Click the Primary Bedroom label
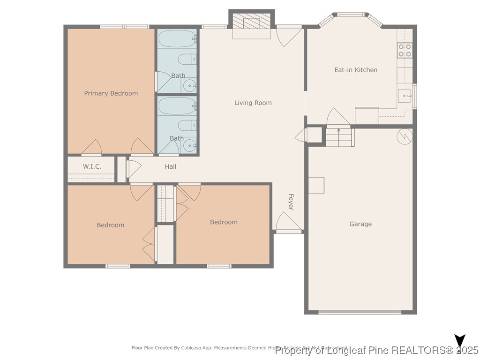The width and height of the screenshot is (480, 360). (111, 93)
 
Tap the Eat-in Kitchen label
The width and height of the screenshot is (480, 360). (355, 70)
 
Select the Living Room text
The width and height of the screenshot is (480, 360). (253, 103)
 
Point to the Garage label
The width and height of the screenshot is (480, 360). (360, 224)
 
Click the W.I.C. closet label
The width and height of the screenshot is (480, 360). (92, 166)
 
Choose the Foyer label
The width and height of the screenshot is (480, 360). (291, 202)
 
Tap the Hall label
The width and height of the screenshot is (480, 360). (171, 166)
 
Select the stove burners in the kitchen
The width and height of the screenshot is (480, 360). (405, 50)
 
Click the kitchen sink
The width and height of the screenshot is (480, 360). (404, 95)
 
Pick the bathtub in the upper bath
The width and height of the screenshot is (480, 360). (177, 39)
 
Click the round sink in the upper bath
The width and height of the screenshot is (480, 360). (189, 85)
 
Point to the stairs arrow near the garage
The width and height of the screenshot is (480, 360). (338, 130)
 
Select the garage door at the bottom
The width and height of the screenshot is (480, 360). (360, 312)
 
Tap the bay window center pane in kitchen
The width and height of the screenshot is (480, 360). (351, 15)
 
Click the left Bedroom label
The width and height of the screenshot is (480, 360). (111, 225)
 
